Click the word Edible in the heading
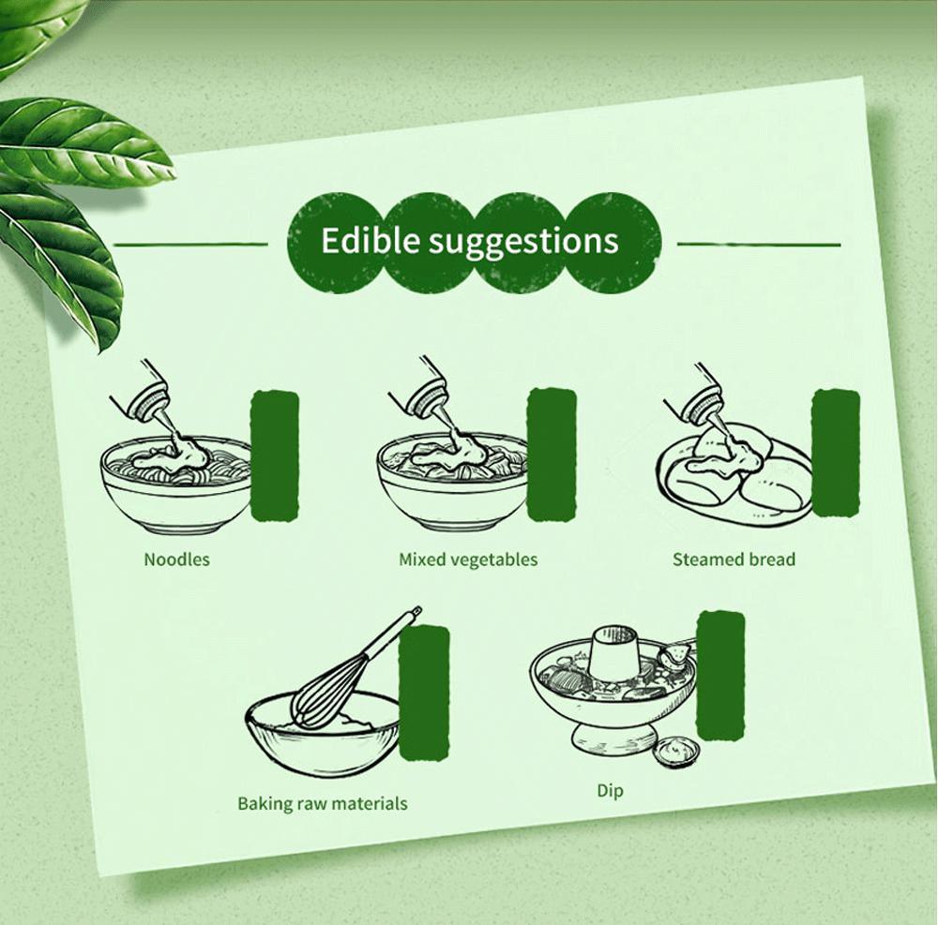[x=362, y=239]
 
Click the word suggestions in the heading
[x=515, y=242]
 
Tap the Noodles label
[x=176, y=559]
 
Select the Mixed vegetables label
[x=468, y=559]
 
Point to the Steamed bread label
[x=734, y=559]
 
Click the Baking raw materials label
[x=323, y=803]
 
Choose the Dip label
[x=611, y=791]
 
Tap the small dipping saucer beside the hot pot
[x=676, y=751]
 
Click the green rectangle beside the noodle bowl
[x=275, y=455]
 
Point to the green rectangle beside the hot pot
[x=721, y=675]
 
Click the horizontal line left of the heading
[x=190, y=244]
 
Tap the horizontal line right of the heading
[x=759, y=244]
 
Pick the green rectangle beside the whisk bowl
[x=424, y=694]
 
